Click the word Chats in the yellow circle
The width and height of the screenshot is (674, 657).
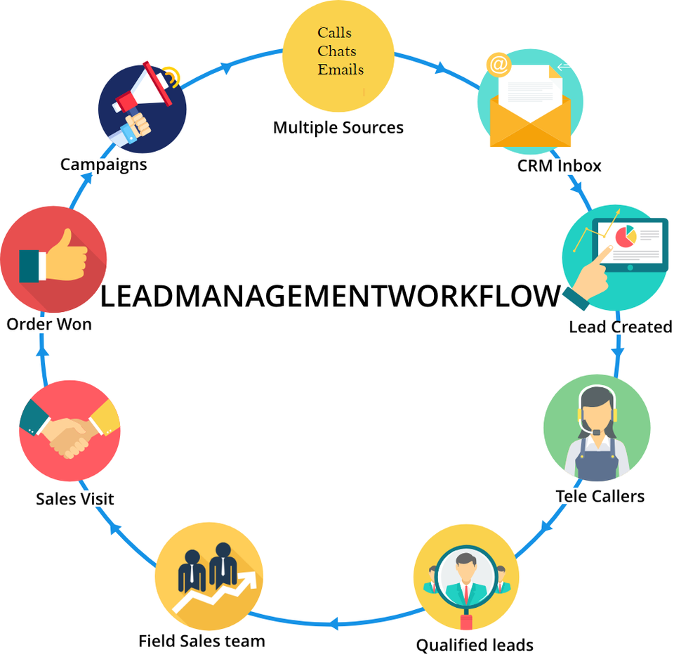click(x=336, y=51)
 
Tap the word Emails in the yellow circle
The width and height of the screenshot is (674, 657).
click(x=341, y=70)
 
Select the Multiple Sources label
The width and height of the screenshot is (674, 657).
click(x=338, y=128)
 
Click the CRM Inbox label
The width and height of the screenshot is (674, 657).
click(x=559, y=166)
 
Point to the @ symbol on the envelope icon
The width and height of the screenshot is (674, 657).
click(x=498, y=65)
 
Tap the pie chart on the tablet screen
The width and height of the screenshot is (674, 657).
click(x=625, y=238)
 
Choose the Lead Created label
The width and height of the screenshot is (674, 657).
click(x=620, y=327)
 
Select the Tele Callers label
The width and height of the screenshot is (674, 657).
click(x=600, y=496)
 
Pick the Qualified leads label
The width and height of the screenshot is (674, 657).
click(x=475, y=644)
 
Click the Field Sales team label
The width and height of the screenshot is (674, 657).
click(x=201, y=641)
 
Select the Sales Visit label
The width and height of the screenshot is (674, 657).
click(x=74, y=499)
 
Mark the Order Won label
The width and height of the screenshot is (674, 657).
click(x=49, y=325)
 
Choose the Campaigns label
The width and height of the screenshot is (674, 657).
click(x=103, y=164)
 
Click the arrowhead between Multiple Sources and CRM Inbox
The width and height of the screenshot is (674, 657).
click(x=441, y=68)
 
